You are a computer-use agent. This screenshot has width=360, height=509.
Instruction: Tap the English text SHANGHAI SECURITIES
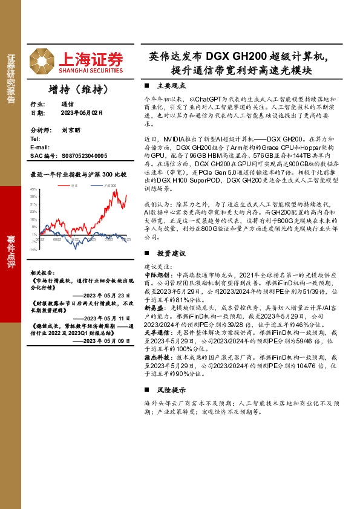[x=91, y=70]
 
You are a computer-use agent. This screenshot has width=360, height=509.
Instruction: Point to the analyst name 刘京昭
[x=71, y=130]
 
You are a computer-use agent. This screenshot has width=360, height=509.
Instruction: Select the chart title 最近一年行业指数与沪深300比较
[x=78, y=174]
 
